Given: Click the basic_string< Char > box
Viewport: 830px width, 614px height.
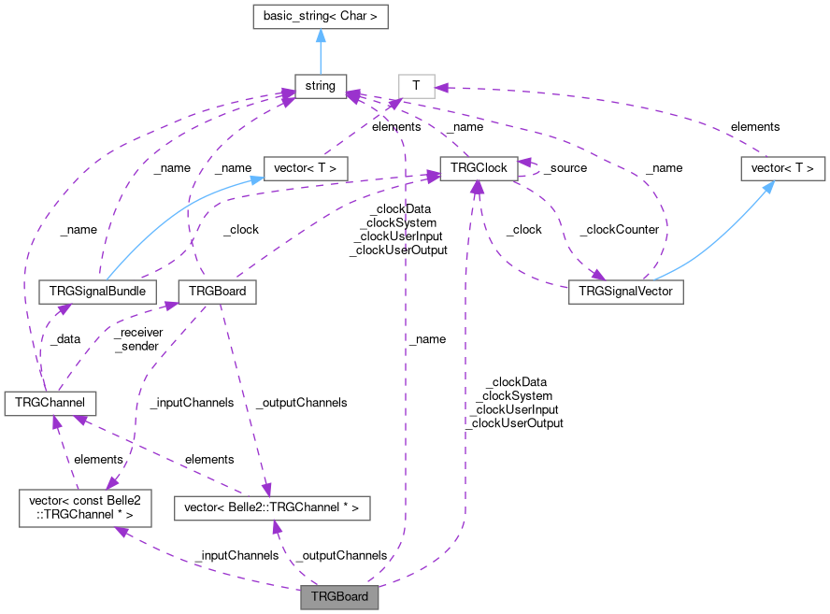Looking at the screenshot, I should (320, 16).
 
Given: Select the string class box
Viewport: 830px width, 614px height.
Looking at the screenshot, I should (320, 87).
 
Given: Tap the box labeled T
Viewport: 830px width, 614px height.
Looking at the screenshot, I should (416, 87).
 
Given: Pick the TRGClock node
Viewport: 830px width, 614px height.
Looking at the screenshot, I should (478, 168).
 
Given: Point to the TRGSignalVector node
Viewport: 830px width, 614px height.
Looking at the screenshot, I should (626, 291).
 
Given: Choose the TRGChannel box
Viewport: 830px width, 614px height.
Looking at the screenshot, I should (45, 403).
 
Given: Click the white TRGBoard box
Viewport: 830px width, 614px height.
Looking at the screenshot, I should (217, 291).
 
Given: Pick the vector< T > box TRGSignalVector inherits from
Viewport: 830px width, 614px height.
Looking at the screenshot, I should (783, 168).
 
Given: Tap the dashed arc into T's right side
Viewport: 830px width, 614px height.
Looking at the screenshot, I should (608, 93).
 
